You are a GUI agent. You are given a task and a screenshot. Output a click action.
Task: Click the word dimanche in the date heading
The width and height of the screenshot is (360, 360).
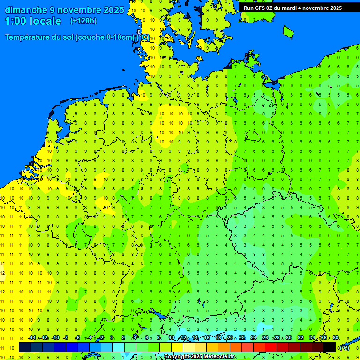coord(26,10)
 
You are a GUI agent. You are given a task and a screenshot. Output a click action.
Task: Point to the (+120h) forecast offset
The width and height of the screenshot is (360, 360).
coord(83,21)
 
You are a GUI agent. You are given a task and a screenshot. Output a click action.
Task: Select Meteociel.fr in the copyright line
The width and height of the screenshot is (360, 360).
coord(219,357)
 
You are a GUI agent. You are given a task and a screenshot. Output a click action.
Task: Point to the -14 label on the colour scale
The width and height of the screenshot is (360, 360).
coord(32,338)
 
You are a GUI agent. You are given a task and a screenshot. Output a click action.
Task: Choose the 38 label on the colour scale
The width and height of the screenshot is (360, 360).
coord(336,338)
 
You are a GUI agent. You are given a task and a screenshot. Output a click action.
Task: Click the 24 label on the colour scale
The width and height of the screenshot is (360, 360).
coord(254,338)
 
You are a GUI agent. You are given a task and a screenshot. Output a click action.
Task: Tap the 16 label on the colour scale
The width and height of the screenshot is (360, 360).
coord(206,338)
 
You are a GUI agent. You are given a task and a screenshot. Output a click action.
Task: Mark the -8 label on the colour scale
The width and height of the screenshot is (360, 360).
coord(67,338)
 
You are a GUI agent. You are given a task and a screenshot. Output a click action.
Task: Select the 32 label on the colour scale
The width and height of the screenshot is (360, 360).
coord(300,338)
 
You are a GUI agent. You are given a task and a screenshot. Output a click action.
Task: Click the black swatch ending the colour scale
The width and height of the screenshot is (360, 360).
coord(330,347)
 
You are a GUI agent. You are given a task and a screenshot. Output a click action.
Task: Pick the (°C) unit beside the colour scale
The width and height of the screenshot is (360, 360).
coord(344,347)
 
